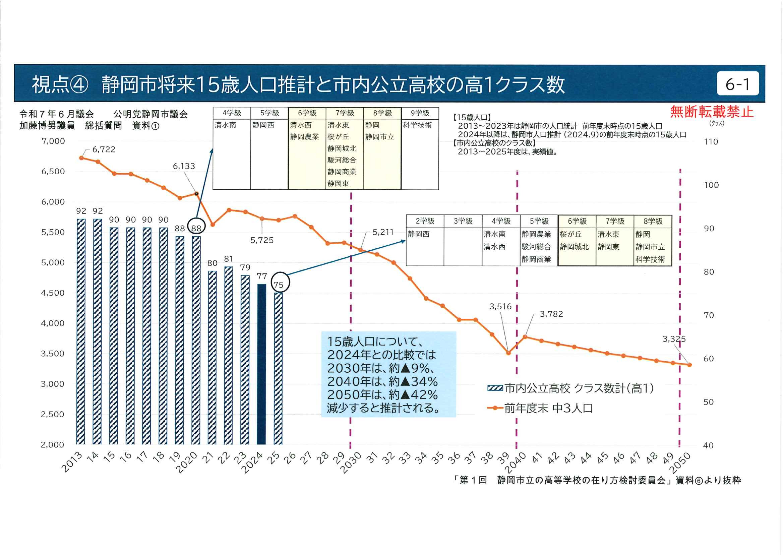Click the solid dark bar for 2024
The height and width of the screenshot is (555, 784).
click(261, 364)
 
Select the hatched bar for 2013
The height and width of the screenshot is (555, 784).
click(81, 331)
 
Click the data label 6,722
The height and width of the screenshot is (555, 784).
click(104, 150)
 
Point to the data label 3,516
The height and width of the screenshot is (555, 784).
click(500, 307)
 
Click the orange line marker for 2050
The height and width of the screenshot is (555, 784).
click(689, 365)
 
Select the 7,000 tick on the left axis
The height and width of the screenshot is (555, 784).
click(53, 141)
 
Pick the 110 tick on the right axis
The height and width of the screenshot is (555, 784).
click(711, 142)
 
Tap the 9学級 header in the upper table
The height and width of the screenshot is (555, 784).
click(420, 113)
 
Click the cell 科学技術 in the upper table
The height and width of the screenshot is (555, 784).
click(417, 125)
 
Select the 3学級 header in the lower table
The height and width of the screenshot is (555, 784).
click(463, 221)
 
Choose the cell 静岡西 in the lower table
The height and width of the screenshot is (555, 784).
click(419, 234)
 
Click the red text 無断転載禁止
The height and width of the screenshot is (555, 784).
click(712, 112)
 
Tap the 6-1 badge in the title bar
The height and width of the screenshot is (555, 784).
click(737, 84)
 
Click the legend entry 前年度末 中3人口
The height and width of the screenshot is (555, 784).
click(548, 408)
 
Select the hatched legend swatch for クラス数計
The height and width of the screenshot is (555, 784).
click(495, 388)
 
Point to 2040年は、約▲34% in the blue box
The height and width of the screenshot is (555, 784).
click(382, 381)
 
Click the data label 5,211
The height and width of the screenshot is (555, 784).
click(383, 232)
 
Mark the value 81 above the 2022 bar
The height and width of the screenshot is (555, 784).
click(229, 259)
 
